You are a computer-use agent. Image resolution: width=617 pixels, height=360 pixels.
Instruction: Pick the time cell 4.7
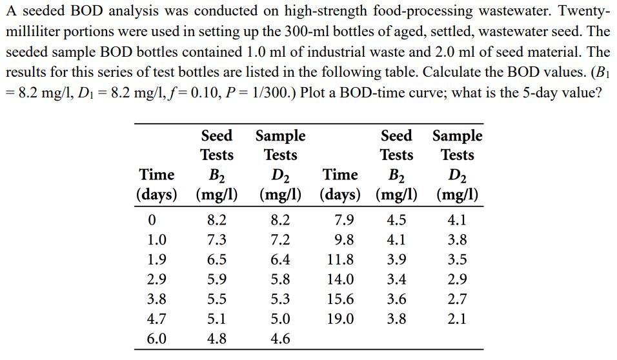157,319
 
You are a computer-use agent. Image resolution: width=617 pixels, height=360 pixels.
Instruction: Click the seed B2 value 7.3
216,240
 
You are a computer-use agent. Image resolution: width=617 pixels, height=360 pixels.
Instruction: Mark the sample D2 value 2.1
456,319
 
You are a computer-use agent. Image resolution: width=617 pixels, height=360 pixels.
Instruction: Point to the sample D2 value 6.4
279,259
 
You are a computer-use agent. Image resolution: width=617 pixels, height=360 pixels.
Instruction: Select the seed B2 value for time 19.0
396,319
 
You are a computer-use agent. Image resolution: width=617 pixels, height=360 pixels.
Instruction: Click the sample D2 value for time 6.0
279,339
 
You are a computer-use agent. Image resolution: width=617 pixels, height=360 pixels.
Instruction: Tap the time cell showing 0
152,220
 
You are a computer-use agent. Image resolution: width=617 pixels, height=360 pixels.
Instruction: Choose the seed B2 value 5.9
216,279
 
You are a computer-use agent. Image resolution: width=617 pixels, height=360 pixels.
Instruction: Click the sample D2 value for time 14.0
456,279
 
